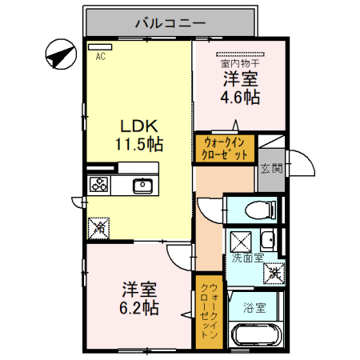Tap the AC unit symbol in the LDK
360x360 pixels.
point(101,47)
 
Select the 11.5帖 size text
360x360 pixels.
point(138,145)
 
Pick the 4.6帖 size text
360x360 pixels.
point(239,98)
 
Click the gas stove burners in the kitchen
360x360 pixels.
point(101,186)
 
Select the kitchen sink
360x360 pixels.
point(142,186)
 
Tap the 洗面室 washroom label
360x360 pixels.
point(247,259)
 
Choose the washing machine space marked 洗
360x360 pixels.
point(274,272)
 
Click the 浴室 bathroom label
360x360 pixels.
point(255,306)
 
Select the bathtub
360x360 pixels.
point(255,336)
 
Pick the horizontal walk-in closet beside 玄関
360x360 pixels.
point(225,149)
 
